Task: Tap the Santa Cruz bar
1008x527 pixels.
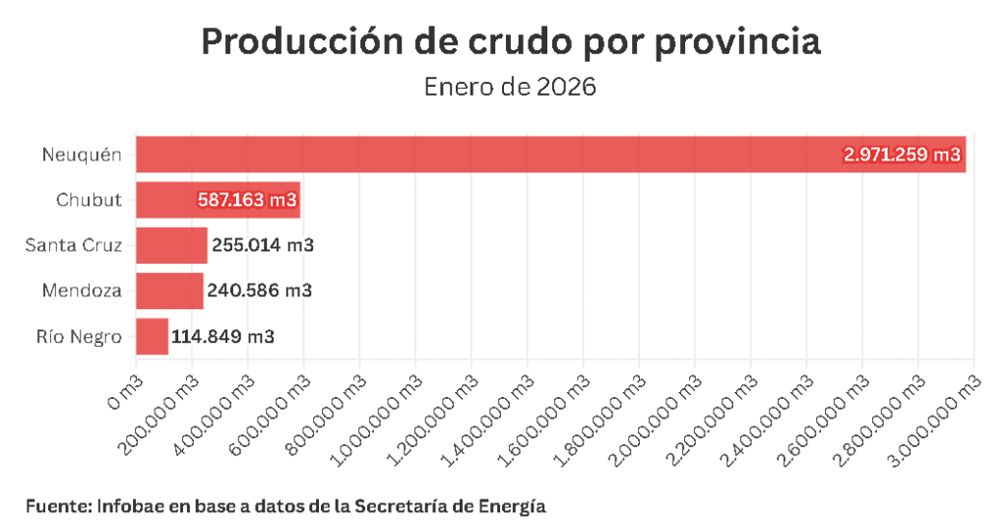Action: point(171,245)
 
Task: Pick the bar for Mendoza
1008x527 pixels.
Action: point(169,291)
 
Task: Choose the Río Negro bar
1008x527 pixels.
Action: point(152,336)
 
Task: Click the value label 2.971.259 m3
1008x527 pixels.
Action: point(902,155)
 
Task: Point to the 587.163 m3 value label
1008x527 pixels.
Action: point(247,200)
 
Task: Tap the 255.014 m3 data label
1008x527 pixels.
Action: point(263,245)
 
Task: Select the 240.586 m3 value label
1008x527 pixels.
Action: point(260,291)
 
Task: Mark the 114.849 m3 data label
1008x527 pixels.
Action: point(223,336)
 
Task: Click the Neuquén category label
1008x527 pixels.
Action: point(82,155)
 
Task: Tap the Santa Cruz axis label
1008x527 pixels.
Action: point(74,245)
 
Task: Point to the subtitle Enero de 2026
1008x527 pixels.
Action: point(510,87)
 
